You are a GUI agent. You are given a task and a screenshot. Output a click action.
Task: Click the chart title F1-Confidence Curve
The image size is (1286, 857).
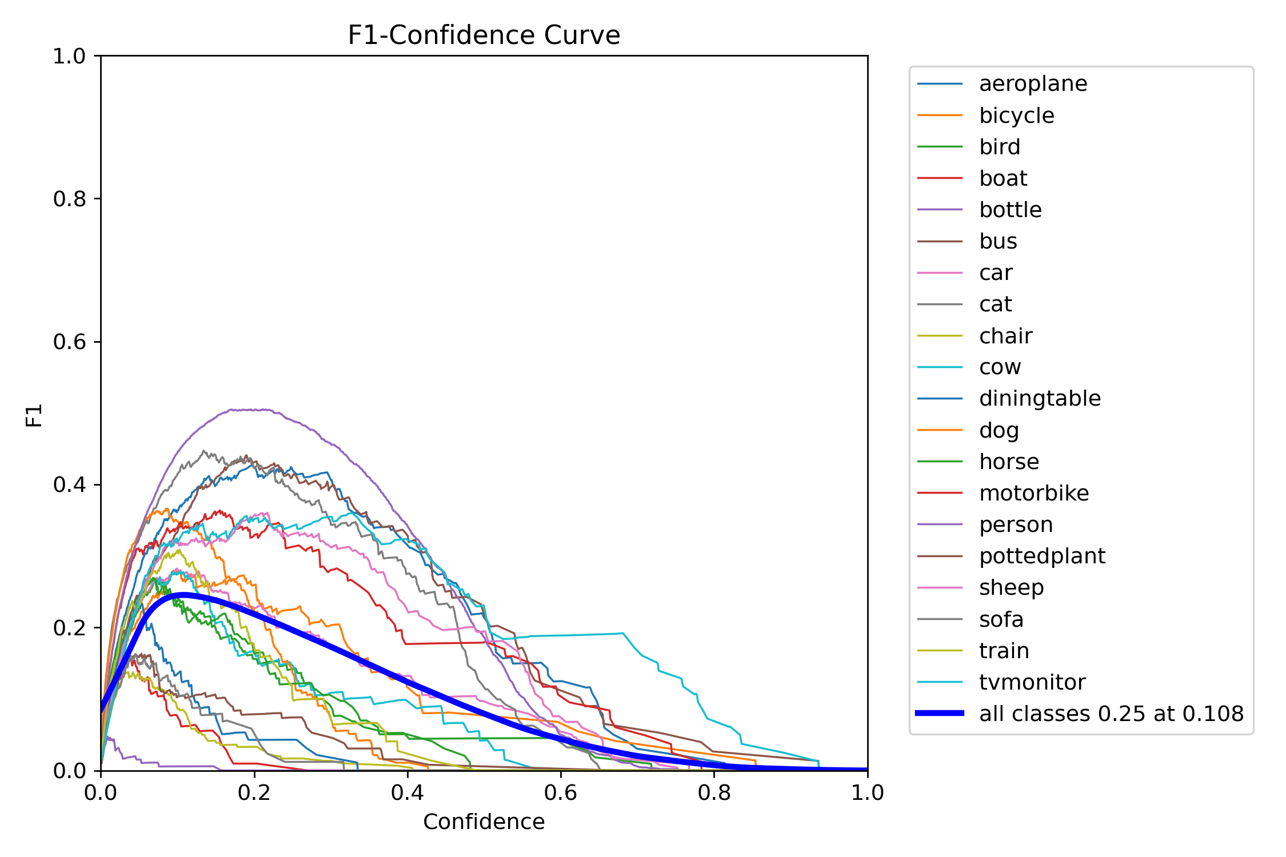point(484,35)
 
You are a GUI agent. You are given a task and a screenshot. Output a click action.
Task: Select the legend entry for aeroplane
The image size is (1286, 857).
point(1033,84)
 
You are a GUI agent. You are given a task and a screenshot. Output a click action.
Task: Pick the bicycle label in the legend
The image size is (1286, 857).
point(1016,115)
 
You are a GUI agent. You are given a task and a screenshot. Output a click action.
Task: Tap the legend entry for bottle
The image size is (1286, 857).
point(1010,210)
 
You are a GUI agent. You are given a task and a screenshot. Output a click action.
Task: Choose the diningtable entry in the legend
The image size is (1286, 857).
point(1040,398)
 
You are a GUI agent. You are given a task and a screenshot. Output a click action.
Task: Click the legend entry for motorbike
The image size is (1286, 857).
point(1033,493)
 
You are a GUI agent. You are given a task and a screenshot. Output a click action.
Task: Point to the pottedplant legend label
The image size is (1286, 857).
point(1042,556)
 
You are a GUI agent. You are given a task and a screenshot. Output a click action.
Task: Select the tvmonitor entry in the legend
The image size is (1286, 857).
point(1032,682)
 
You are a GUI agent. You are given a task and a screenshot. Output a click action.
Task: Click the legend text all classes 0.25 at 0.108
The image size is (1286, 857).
point(1111,714)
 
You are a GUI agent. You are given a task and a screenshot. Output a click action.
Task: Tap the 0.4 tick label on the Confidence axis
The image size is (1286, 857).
point(408,792)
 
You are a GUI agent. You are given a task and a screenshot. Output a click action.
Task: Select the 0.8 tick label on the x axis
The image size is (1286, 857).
point(714,792)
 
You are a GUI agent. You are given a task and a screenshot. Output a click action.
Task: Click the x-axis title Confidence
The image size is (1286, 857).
point(484,822)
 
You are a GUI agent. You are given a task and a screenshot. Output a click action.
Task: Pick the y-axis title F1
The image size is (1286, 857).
point(34,415)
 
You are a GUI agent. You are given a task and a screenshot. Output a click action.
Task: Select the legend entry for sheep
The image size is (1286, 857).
point(1011,587)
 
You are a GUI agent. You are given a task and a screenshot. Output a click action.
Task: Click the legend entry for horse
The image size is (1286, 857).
point(1009,462)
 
